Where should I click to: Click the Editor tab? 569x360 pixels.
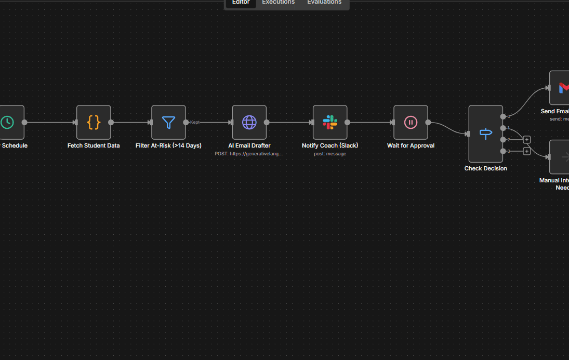click(x=241, y=3)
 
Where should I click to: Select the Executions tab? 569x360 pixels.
click(x=278, y=3)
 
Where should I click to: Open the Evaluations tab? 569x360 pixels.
click(x=324, y=3)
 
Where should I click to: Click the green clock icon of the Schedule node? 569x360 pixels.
click(x=7, y=123)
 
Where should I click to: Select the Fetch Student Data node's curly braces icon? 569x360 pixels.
click(x=94, y=123)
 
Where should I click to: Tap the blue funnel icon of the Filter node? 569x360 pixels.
click(x=168, y=123)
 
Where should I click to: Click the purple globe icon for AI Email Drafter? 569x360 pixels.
click(x=249, y=123)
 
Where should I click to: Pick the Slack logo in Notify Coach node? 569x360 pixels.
click(x=330, y=123)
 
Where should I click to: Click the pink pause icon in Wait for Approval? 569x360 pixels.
click(x=411, y=123)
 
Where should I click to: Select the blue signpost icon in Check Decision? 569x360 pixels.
click(x=486, y=134)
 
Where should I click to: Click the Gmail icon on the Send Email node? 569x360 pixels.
click(x=563, y=88)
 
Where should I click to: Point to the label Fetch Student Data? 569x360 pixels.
click(x=94, y=145)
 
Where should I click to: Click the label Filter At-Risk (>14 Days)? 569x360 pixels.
click(x=168, y=145)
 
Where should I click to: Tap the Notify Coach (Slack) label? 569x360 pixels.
click(x=330, y=145)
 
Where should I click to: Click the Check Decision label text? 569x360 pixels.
click(x=486, y=168)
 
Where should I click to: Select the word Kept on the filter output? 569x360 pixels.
click(x=195, y=122)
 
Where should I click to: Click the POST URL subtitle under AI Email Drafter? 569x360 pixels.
click(x=249, y=154)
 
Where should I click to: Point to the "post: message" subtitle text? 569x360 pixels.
click(x=330, y=154)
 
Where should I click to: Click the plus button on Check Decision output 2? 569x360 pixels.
click(x=527, y=140)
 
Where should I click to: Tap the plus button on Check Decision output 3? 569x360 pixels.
click(x=527, y=151)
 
